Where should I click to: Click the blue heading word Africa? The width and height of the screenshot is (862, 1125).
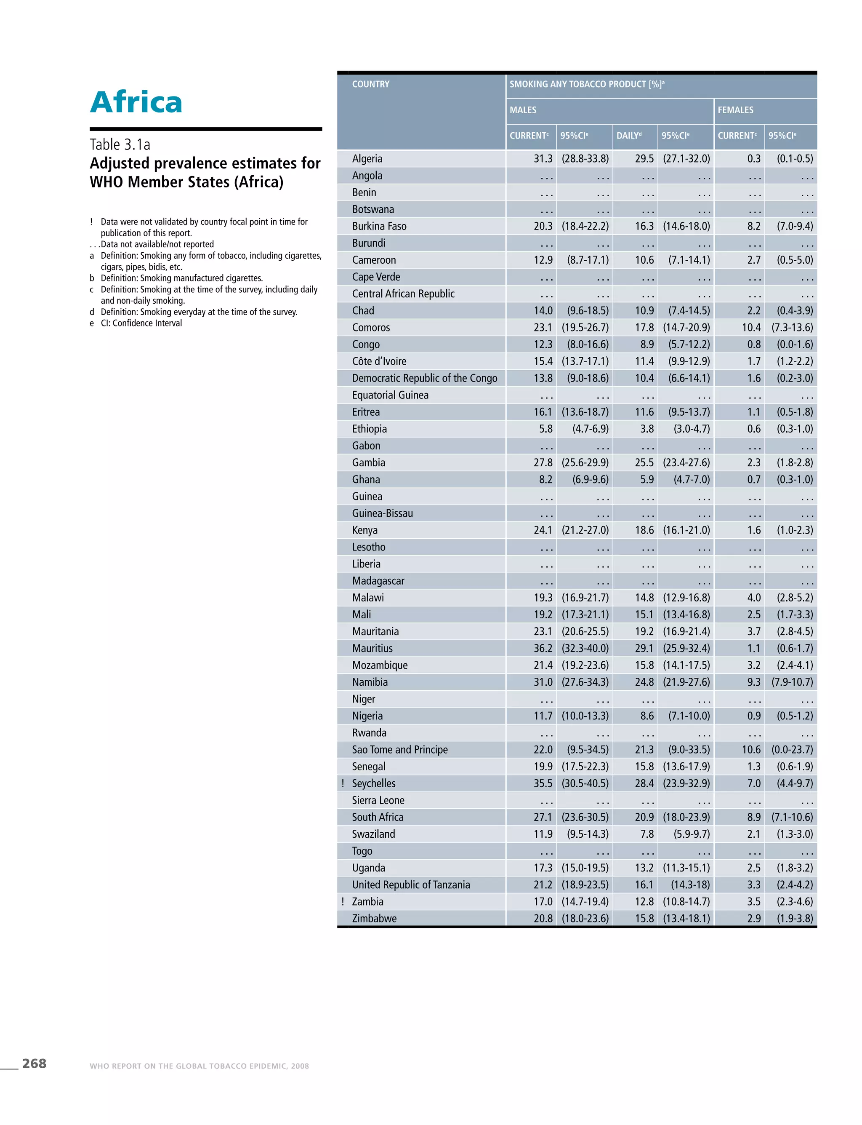coord(136,102)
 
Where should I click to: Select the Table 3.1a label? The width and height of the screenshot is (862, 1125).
coord(120,145)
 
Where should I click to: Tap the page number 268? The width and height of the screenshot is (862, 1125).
coord(34,1064)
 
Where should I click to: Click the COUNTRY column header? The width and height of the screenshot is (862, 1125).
coord(370,84)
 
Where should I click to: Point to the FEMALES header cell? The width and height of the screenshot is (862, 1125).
coord(735,110)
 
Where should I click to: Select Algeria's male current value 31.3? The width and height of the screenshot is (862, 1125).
coord(543,159)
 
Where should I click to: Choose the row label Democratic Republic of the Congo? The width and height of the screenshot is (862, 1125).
coord(424,378)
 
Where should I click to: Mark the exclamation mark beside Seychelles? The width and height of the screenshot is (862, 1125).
coord(343,783)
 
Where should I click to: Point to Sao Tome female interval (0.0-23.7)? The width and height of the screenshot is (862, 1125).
coord(792,750)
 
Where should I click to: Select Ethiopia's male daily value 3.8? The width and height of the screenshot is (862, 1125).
coord(646,429)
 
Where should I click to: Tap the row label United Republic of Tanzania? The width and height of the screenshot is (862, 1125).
coord(410,884)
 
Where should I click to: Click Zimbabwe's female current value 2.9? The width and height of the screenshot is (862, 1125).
coord(753,918)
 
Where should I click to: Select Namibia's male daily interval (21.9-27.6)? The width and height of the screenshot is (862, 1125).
coord(686,682)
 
